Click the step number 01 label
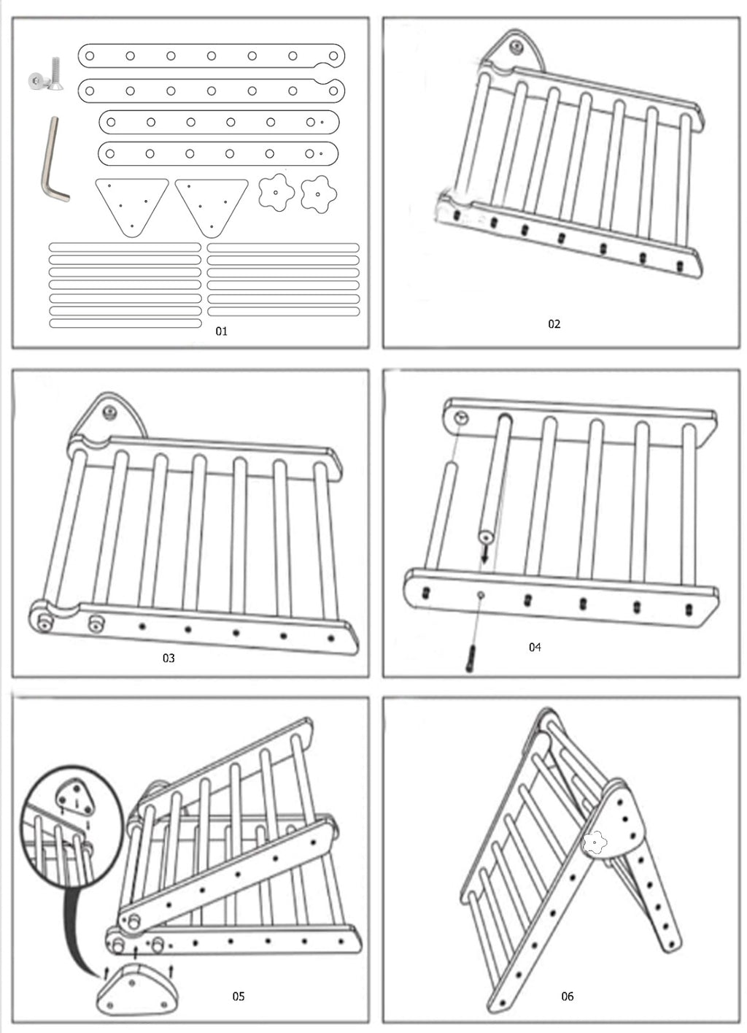click(222, 331)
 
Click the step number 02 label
click(554, 324)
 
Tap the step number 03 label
click(169, 658)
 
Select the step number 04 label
click(535, 647)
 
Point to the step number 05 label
click(239, 996)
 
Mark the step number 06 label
click(568, 996)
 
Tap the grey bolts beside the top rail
click(46, 77)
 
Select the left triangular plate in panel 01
click(131, 205)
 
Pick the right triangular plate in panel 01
click(212, 205)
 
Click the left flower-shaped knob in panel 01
click(276, 192)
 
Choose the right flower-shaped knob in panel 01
click(319, 192)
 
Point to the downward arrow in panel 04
click(484, 557)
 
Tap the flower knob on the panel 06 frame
click(595, 842)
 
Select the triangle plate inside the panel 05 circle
click(76, 798)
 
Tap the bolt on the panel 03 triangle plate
click(110, 412)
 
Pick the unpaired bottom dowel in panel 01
click(125, 323)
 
